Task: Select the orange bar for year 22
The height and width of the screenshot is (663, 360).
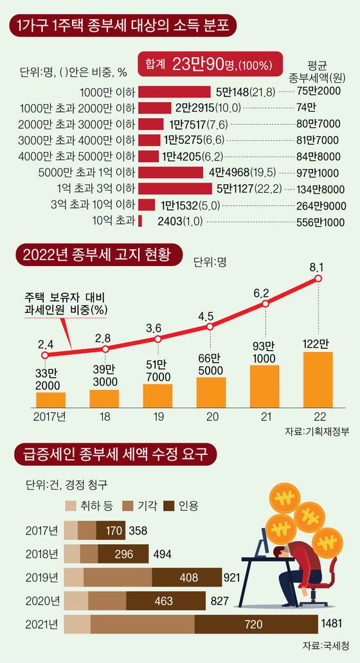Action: [x=318, y=380]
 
